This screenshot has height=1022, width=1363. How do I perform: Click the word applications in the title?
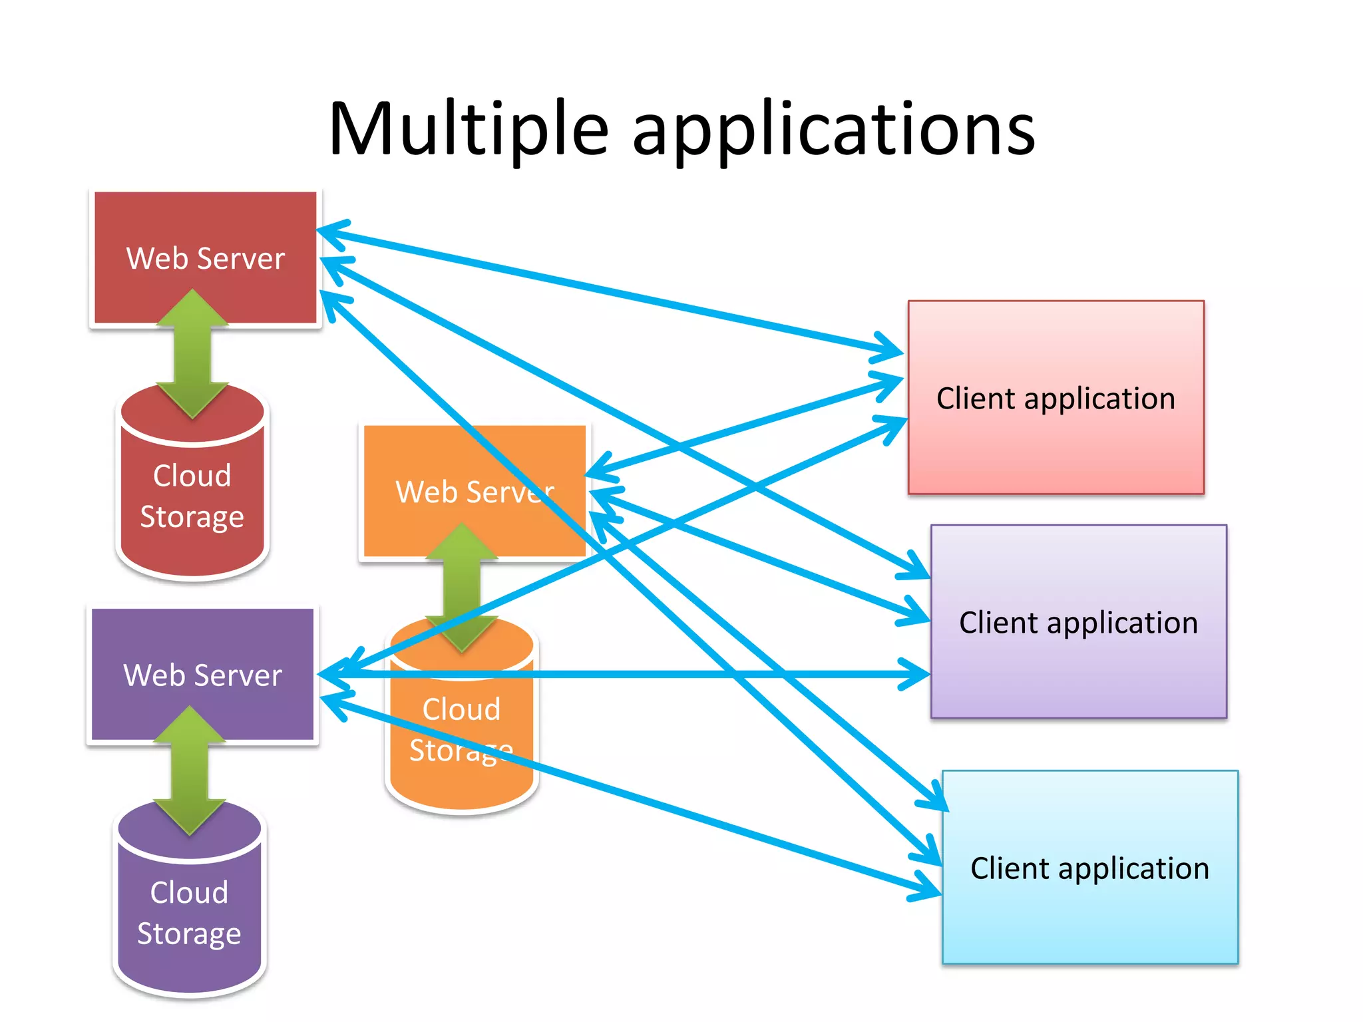pyautogui.click(x=833, y=130)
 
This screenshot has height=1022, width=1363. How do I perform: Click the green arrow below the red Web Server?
pyautogui.click(x=192, y=353)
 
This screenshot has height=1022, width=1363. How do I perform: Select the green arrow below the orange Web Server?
pyautogui.click(x=461, y=586)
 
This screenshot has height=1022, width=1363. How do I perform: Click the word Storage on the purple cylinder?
pyautogui.click(x=189, y=934)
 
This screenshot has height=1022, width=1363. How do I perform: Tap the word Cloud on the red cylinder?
pyautogui.click(x=192, y=476)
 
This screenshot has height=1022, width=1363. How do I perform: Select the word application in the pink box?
pyautogui.click(x=1099, y=399)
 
